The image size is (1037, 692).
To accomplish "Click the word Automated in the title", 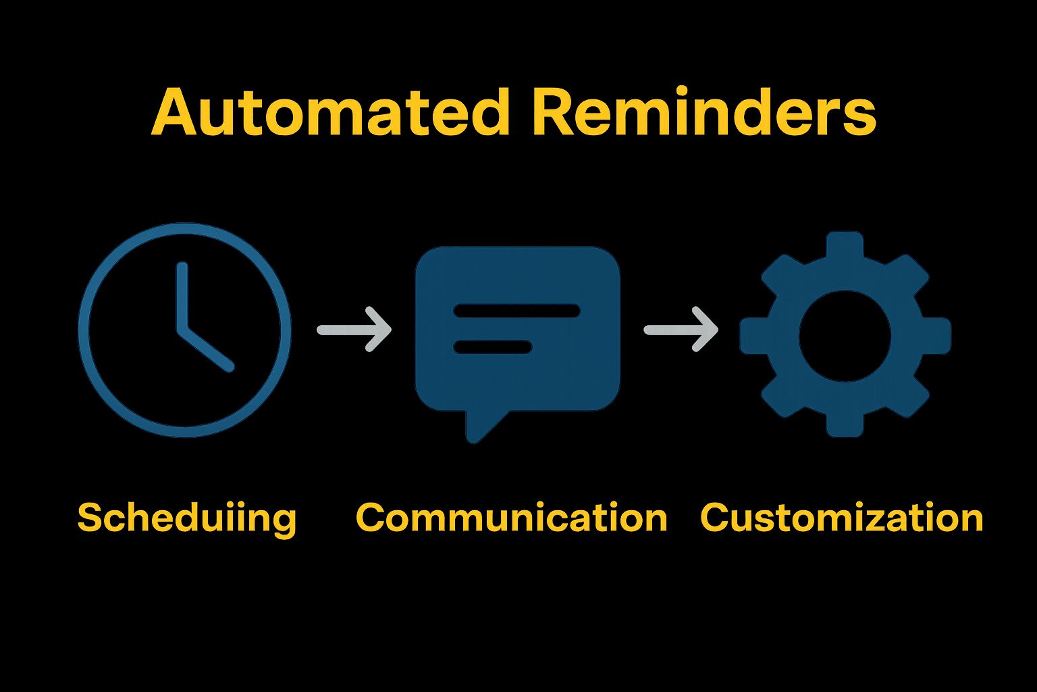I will pos(330,112).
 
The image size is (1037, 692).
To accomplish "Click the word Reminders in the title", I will pos(703,112).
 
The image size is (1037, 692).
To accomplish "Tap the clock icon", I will pos(184,330).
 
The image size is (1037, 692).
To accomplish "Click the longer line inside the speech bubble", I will pos(517,311).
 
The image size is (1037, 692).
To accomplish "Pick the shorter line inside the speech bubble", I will pos(493,347).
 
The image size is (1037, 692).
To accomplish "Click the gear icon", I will pos(845,334).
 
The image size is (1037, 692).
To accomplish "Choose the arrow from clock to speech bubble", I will pos(355,330).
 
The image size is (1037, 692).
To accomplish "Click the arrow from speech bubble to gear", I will pos(681,330).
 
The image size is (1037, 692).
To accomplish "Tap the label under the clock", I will pos(187,518).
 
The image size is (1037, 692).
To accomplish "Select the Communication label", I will pos(511,518).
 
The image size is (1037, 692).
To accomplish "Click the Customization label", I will pos(841,518).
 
